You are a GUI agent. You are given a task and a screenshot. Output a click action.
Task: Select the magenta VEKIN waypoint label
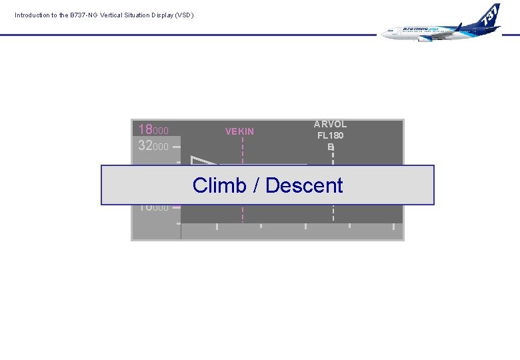[239, 131]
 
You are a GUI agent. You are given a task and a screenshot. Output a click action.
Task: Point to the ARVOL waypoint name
[331, 125]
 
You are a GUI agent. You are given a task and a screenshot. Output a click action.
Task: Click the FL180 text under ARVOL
[331, 135]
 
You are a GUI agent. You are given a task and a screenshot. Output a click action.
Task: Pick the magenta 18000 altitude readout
[153, 130]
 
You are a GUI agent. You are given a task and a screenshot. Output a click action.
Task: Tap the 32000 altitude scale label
[153, 146]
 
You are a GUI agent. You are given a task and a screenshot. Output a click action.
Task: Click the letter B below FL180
[331, 147]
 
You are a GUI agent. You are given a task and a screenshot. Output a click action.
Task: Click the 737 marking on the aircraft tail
[491, 14]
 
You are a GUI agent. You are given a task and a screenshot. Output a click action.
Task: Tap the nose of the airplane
[385, 33]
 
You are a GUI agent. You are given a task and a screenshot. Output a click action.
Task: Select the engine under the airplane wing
[425, 38]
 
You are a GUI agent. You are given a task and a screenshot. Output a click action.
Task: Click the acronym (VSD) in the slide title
[183, 15]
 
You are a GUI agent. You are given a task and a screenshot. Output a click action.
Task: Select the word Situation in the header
[140, 15]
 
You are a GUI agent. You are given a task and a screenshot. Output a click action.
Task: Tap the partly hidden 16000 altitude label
[153, 208]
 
